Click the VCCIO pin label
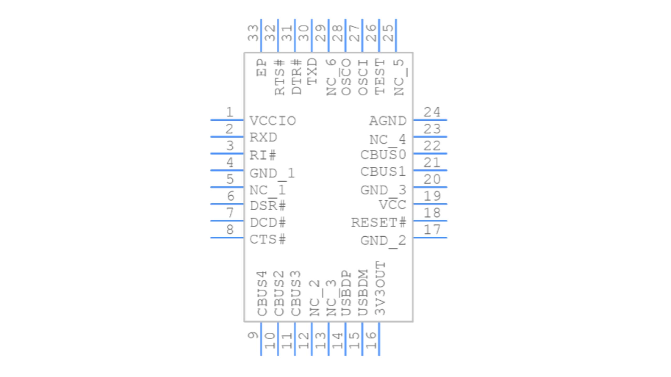click(x=273, y=121)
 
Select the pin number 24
click(x=432, y=112)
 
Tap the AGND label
click(x=388, y=121)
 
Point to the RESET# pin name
click(x=378, y=223)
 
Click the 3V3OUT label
click(x=380, y=288)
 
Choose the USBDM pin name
click(x=363, y=292)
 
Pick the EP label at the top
click(x=262, y=68)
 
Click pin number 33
click(x=253, y=33)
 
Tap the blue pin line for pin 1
click(x=227, y=120)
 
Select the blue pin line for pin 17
click(x=430, y=237)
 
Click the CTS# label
click(x=268, y=240)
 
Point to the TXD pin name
click(x=312, y=71)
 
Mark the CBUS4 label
click(x=262, y=293)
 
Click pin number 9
click(x=253, y=335)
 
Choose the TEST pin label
click(x=380, y=77)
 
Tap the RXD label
click(x=263, y=138)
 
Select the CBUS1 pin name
click(x=383, y=172)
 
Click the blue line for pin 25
click(x=396, y=35)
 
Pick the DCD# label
click(x=268, y=223)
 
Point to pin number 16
click(x=371, y=340)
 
